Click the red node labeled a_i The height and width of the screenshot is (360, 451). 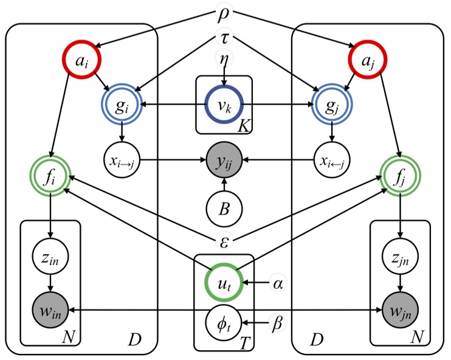81,60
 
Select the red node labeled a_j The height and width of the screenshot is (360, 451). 367,60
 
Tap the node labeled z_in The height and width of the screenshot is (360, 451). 50,256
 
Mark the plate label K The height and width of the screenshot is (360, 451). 244,126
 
